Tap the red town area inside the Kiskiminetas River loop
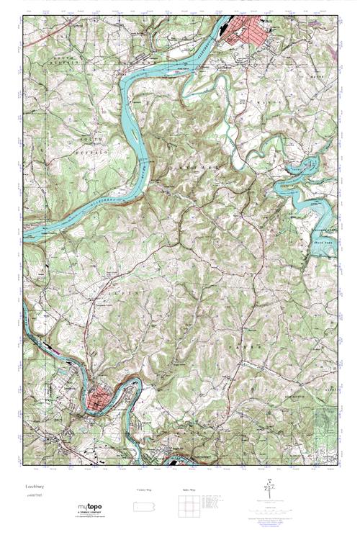pos(99,397)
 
